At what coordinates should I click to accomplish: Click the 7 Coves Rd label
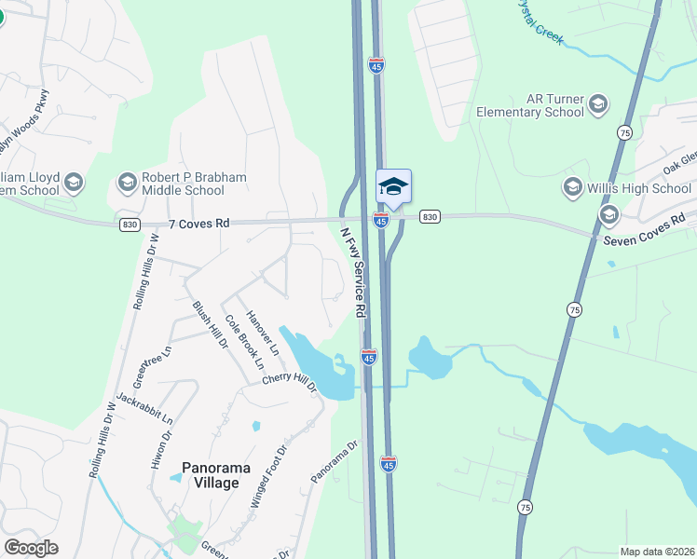[198, 224]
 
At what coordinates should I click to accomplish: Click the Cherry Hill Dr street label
[290, 379]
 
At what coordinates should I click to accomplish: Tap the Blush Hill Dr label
[210, 324]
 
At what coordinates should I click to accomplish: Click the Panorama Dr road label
[335, 462]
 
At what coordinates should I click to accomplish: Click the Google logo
[31, 548]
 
